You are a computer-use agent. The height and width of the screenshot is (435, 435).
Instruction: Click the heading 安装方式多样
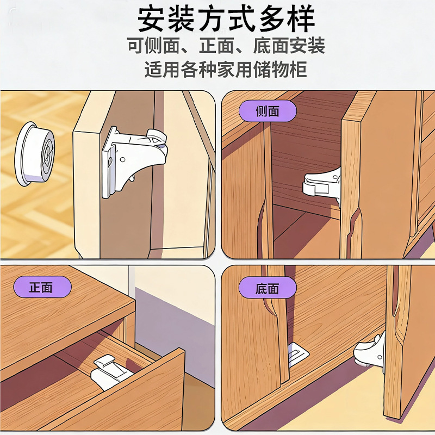tap(226, 20)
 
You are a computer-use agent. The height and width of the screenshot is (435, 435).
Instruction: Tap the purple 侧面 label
tap(268, 111)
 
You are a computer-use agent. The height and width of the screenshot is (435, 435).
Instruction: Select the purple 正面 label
tap(42, 287)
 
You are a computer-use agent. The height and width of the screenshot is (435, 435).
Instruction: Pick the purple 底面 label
tap(268, 289)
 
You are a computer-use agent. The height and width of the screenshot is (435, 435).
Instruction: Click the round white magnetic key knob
tap(35, 153)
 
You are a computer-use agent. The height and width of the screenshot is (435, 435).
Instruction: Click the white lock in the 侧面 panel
tap(322, 183)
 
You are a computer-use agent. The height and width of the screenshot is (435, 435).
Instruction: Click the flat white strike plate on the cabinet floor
tap(298, 355)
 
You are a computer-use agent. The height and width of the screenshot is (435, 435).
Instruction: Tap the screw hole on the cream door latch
tap(122, 160)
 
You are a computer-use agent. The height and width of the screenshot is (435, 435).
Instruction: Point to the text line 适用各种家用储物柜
tap(226, 69)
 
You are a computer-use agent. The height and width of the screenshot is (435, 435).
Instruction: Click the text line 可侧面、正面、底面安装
tap(226, 46)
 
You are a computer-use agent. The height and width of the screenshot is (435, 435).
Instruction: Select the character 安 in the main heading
tap(152, 20)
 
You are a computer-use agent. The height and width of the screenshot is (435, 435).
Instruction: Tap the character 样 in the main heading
tap(301, 20)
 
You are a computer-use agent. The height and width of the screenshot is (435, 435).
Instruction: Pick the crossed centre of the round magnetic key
tap(48, 153)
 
